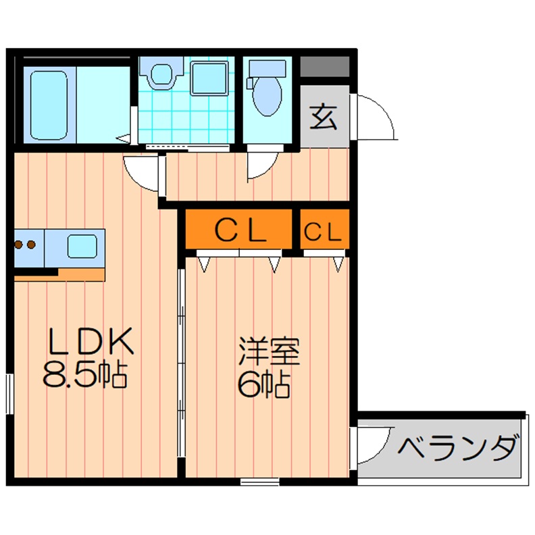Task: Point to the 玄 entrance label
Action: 324,118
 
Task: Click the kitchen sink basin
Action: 82,246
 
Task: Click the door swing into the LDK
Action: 143,173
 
